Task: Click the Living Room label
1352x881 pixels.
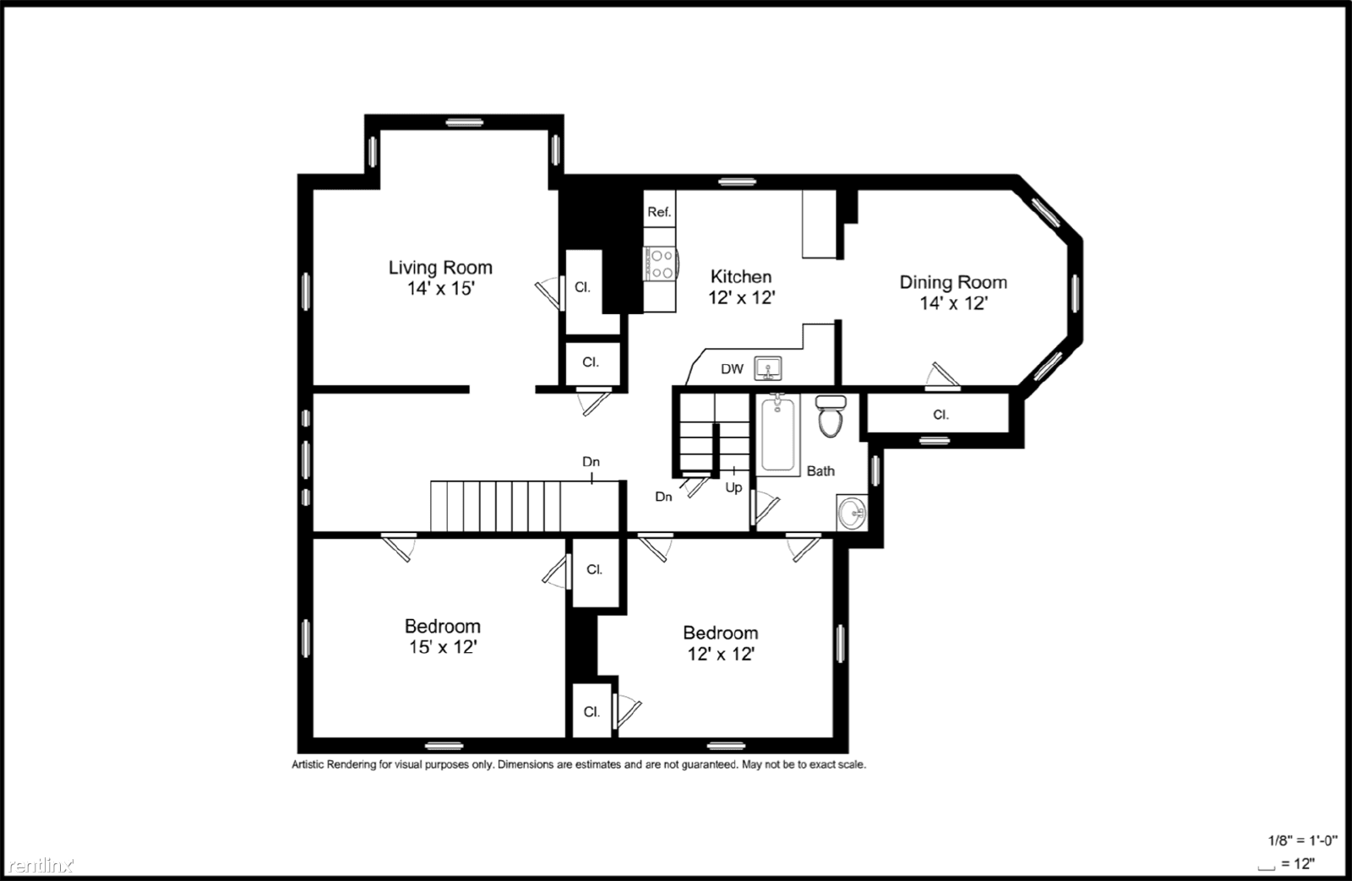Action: click(440, 268)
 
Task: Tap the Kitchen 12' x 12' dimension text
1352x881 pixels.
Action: click(741, 297)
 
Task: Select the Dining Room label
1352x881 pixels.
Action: click(952, 282)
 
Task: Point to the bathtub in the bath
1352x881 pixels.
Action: click(777, 434)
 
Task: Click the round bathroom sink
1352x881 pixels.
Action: click(852, 513)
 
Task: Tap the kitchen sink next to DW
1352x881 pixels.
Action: click(768, 369)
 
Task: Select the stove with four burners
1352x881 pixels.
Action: click(659, 263)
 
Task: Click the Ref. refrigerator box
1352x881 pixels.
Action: click(659, 212)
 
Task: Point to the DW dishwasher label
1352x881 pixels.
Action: click(732, 369)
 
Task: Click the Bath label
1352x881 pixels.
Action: click(820, 471)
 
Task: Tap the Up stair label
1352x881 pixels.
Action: click(733, 487)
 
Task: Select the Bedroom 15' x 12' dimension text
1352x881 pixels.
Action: click(442, 647)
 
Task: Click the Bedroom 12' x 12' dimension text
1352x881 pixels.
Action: click(720, 654)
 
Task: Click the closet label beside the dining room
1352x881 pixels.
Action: click(940, 415)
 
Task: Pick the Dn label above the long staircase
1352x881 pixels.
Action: click(591, 462)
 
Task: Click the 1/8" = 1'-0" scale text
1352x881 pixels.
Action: click(1302, 840)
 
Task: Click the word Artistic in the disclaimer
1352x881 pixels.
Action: click(311, 764)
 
